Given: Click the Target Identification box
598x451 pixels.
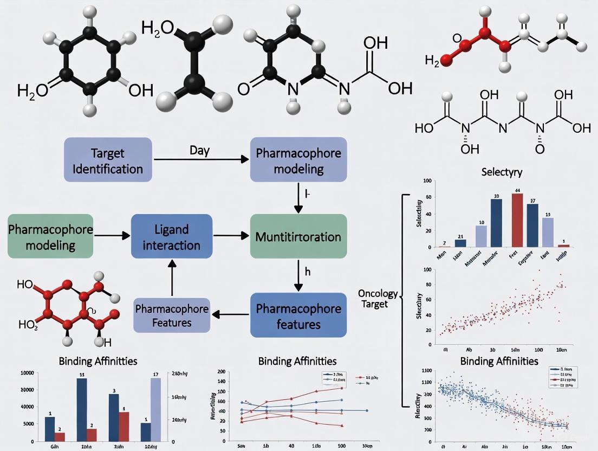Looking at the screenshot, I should coord(109,160).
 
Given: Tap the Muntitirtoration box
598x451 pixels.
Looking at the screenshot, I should coord(298,236).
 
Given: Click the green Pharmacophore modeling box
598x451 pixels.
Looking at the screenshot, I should coord(50,236).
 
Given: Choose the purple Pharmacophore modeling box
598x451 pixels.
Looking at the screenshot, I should coord(298,160).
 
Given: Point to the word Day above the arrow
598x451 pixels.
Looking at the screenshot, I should coord(200,150).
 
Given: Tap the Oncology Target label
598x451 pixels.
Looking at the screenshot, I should coord(378,299).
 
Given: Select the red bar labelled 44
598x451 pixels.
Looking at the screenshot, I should coord(517,220).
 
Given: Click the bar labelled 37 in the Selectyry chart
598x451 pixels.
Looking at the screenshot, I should coord(532,225).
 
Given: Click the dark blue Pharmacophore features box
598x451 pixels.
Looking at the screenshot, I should coord(298,315).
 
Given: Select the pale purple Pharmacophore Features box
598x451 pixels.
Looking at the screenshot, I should coord(172,315).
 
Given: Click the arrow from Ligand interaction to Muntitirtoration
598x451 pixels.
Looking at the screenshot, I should coord(231,236).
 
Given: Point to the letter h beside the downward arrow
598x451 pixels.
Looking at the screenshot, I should coord(308,273).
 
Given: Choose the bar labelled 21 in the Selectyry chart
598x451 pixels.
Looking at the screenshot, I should coord(460,243).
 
